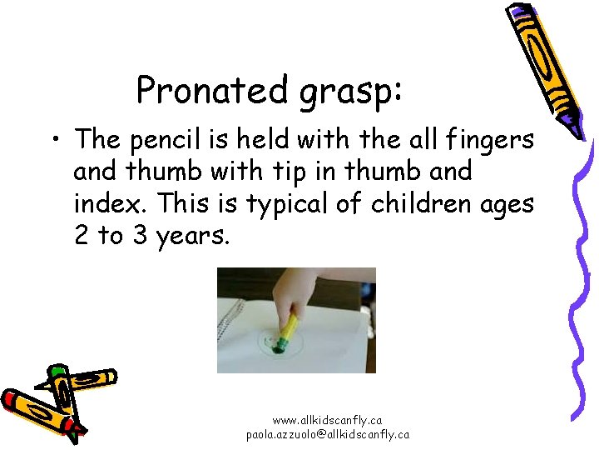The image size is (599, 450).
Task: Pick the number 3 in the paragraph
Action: pyautogui.click(x=137, y=236)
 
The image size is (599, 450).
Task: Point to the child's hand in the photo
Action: pyautogui.click(x=291, y=292)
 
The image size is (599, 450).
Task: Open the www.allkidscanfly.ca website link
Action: pyautogui.click(x=327, y=421)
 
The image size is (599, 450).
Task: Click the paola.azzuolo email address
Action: pyautogui.click(x=327, y=434)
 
